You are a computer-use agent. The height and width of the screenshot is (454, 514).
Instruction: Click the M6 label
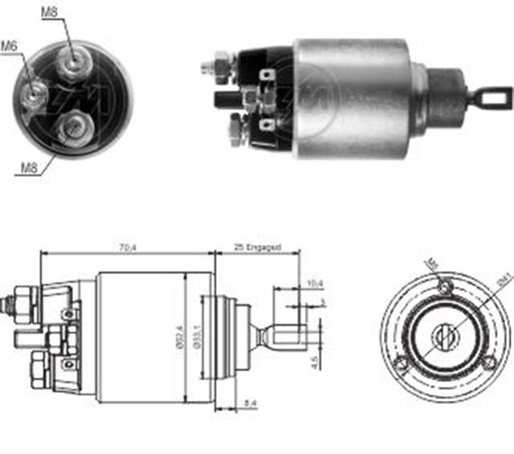[9, 46]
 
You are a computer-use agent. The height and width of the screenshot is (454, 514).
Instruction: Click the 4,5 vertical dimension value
[316, 362]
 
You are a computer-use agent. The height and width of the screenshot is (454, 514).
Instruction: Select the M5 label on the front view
[431, 264]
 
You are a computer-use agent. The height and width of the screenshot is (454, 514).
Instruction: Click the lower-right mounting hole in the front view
[488, 364]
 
